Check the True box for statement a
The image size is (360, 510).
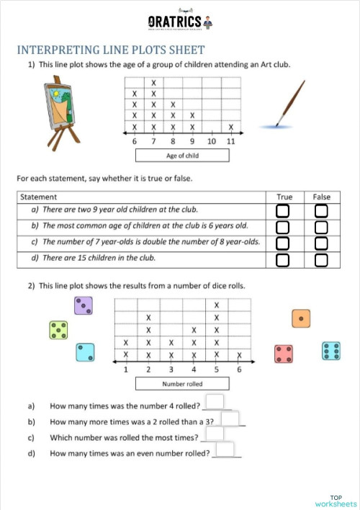(283, 210)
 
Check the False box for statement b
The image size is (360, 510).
(321, 227)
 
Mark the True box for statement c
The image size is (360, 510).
(283, 243)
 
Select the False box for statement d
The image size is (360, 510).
(321, 259)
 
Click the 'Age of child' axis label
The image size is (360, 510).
(182, 155)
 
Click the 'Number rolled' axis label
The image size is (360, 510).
(183, 384)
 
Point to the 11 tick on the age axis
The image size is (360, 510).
(230, 141)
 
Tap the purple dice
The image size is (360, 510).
(84, 305)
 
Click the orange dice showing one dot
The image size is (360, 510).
(301, 318)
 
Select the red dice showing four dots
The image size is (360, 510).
(284, 354)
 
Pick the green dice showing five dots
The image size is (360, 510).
(58, 330)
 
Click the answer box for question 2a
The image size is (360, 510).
(215, 402)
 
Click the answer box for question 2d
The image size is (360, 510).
(225, 449)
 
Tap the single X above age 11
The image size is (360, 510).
(230, 127)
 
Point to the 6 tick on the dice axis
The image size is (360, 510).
(238, 370)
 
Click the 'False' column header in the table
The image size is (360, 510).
(321, 197)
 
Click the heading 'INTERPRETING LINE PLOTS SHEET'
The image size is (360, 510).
(111, 50)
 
